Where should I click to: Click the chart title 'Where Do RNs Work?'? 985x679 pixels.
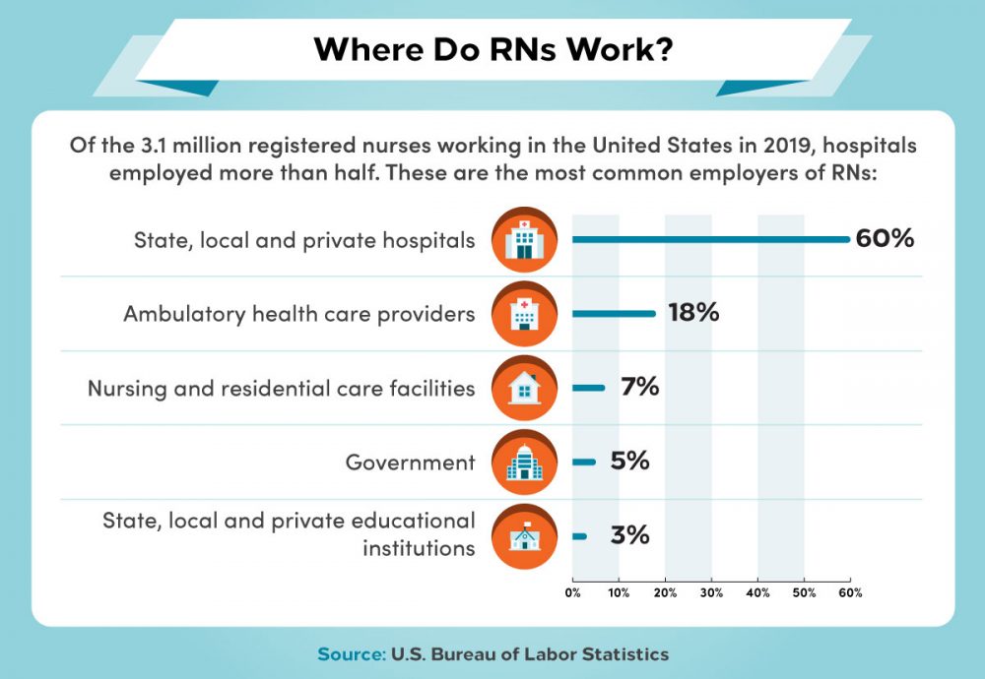493,50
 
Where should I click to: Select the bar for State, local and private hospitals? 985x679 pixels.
709,239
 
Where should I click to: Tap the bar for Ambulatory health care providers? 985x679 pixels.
614,314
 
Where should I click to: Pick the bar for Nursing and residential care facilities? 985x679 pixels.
588,388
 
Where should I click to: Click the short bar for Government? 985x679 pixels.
583,462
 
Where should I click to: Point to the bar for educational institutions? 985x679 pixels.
579,536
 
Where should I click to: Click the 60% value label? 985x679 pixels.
885,239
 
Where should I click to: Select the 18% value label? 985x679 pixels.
693,314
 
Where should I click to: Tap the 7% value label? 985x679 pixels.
639,388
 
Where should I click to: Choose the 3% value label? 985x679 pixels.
629,535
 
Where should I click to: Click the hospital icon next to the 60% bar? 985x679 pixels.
523,240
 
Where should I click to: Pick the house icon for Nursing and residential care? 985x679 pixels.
523,388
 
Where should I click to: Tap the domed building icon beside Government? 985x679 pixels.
523,462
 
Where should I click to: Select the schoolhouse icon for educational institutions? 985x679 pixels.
523,535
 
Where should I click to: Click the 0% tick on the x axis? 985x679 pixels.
572,593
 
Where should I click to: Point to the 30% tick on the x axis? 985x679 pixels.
711,593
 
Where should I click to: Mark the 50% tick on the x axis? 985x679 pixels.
804,593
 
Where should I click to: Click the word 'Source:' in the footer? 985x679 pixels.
351,654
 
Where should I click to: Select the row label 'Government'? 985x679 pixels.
410,462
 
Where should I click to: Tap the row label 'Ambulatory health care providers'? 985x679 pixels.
299,314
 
